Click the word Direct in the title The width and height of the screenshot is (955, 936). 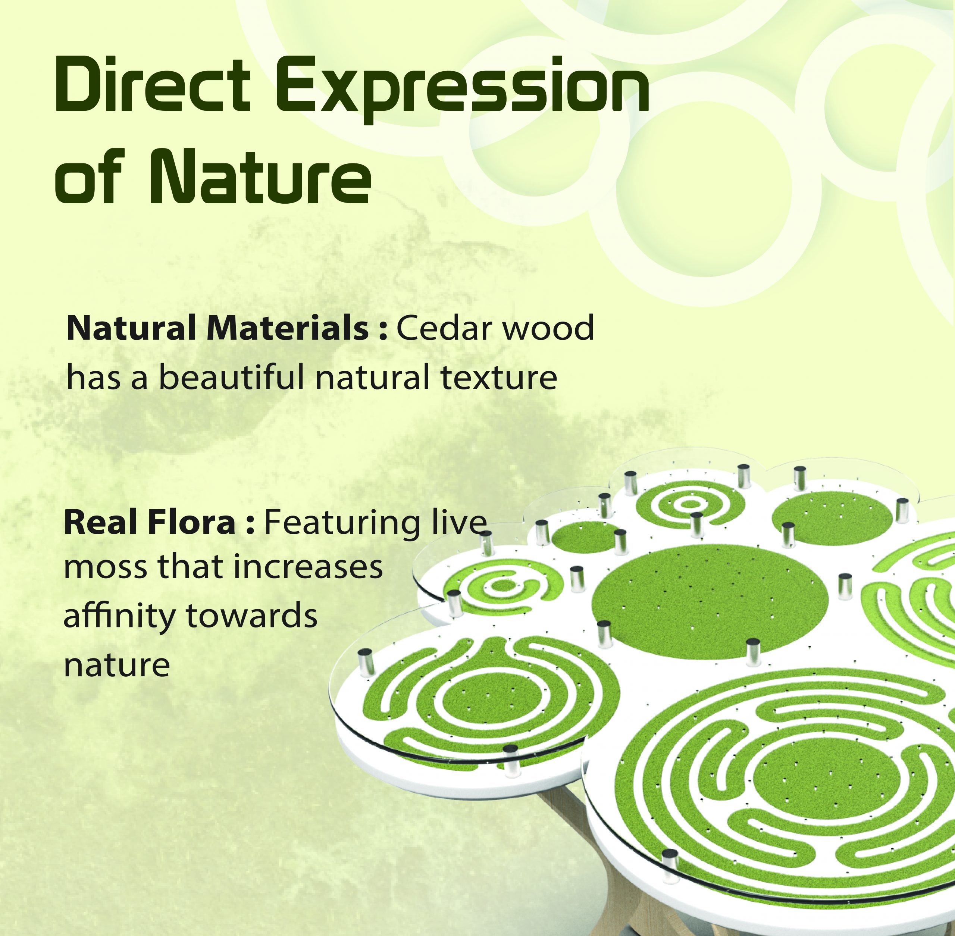pyautogui.click(x=153, y=85)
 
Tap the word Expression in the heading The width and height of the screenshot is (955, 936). pyautogui.click(x=466, y=91)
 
